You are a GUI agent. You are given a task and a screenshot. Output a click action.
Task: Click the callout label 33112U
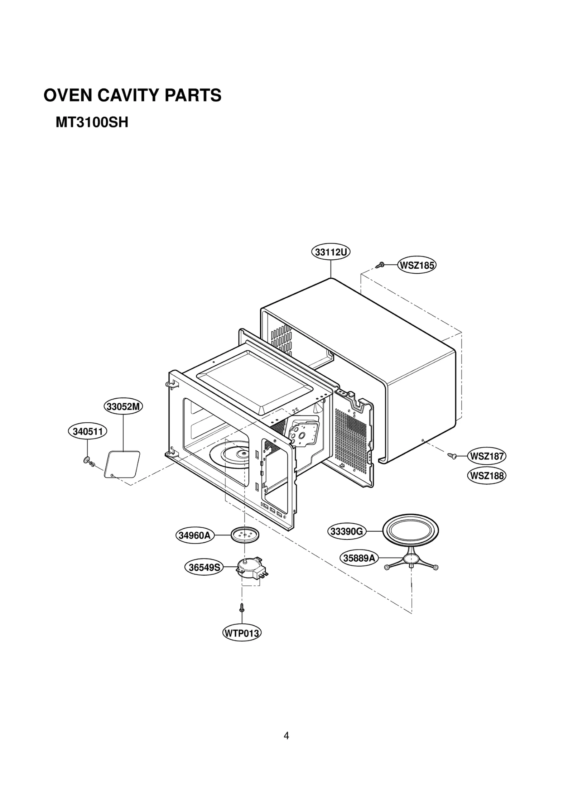[330, 252]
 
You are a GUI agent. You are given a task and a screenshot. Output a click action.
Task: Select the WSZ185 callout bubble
[416, 265]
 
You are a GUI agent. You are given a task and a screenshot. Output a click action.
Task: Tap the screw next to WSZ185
[380, 265]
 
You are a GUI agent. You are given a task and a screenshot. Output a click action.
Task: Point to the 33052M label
[123, 407]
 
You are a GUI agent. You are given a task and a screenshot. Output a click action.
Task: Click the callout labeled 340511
[88, 432]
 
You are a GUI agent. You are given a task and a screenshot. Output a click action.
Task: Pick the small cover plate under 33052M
[122, 464]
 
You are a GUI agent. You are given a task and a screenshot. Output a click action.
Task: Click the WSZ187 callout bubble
[486, 456]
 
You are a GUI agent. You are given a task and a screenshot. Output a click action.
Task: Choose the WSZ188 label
[486, 476]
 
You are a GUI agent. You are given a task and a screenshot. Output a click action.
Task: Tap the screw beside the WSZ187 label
[452, 456]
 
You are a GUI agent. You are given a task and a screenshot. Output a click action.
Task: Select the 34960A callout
[194, 536]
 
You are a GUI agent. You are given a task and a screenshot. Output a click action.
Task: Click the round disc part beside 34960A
[245, 535]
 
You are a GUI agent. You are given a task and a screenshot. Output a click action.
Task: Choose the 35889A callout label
[359, 558]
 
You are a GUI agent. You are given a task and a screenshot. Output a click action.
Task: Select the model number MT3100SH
[92, 123]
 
